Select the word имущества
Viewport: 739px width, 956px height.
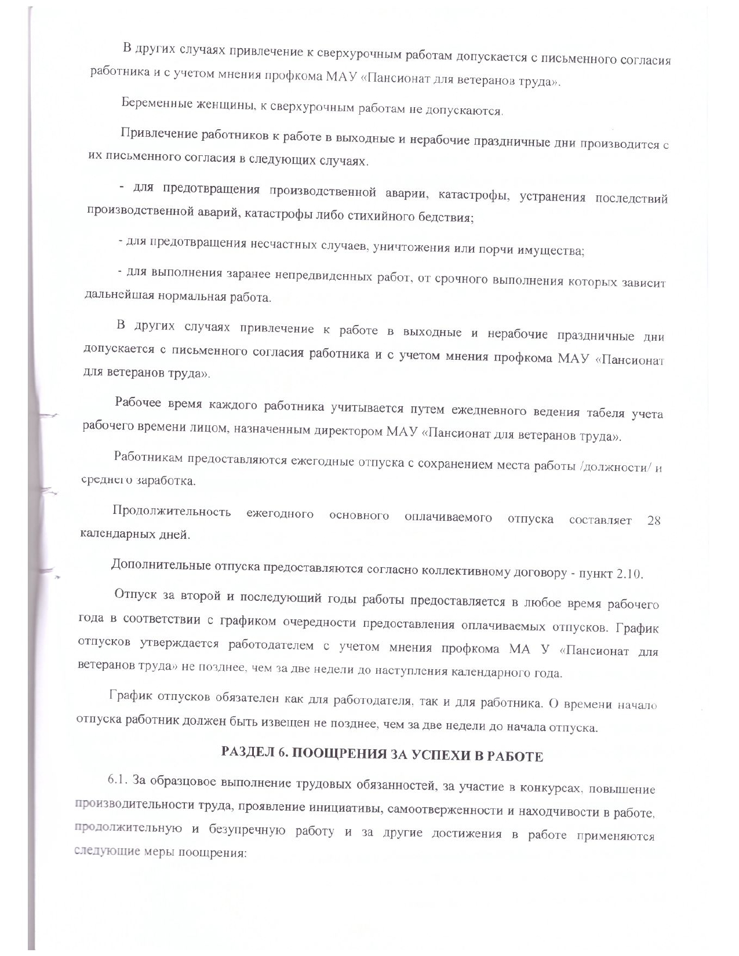551,251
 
